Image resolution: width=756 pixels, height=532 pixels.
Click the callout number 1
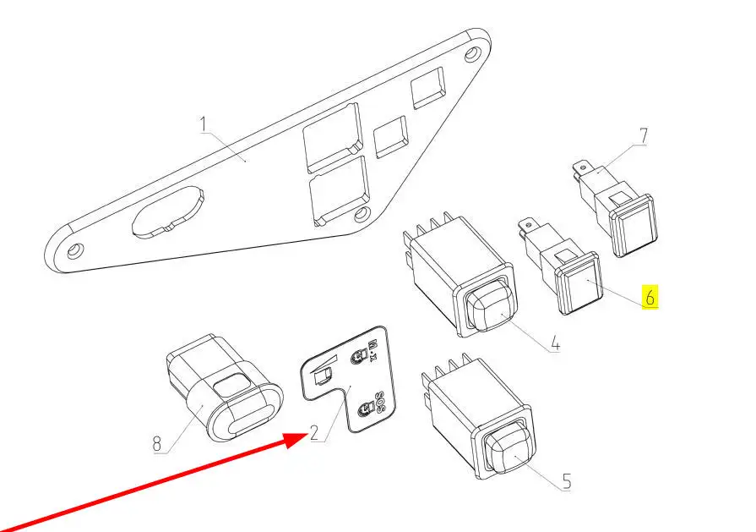click(204, 124)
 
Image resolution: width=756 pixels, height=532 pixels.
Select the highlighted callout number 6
click(650, 297)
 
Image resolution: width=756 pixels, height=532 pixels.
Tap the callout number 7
click(643, 135)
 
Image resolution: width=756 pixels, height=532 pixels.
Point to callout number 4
click(556, 345)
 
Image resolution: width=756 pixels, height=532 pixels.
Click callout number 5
click(567, 481)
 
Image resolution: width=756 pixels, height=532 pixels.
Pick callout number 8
click(157, 443)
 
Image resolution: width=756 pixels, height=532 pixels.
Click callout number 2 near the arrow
click(314, 432)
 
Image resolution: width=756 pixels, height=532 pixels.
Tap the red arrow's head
click(295, 439)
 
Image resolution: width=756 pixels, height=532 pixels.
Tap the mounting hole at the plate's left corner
click(74, 250)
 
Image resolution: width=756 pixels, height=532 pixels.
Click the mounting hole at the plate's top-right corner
click(472, 53)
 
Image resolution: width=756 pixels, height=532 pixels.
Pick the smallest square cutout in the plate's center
click(391, 137)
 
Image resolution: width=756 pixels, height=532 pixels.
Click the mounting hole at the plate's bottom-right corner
click(362, 214)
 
